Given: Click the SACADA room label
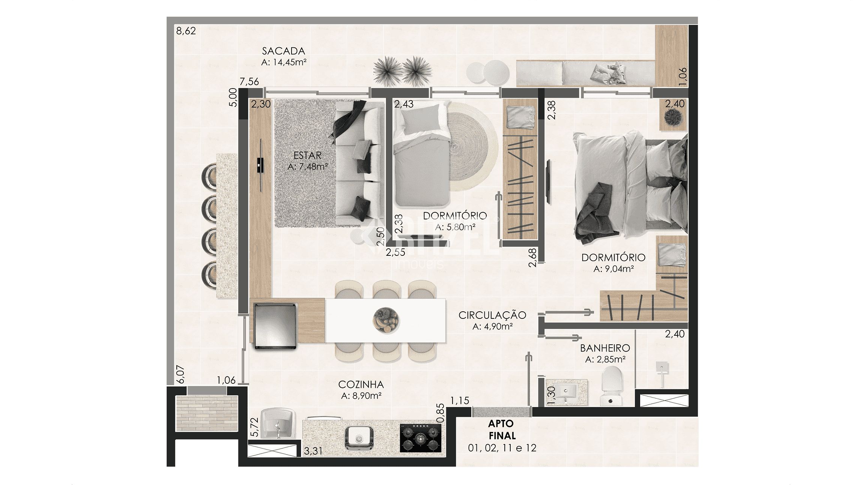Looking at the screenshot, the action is pyautogui.click(x=283, y=51).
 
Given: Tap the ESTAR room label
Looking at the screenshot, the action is pyautogui.click(x=307, y=155).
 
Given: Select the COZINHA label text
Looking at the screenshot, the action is pyautogui.click(x=361, y=384).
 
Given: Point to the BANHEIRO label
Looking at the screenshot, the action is pyautogui.click(x=605, y=348).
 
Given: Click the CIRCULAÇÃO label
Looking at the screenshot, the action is pyautogui.click(x=492, y=315).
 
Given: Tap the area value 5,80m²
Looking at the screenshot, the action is pyautogui.click(x=460, y=227).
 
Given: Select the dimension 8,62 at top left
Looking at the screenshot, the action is pyautogui.click(x=186, y=31).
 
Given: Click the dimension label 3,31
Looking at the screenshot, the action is pyautogui.click(x=313, y=451).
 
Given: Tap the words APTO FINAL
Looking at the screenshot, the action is pyautogui.click(x=502, y=430).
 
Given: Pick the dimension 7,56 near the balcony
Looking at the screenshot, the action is pyautogui.click(x=250, y=81).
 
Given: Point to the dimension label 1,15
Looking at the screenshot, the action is pyautogui.click(x=460, y=401).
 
